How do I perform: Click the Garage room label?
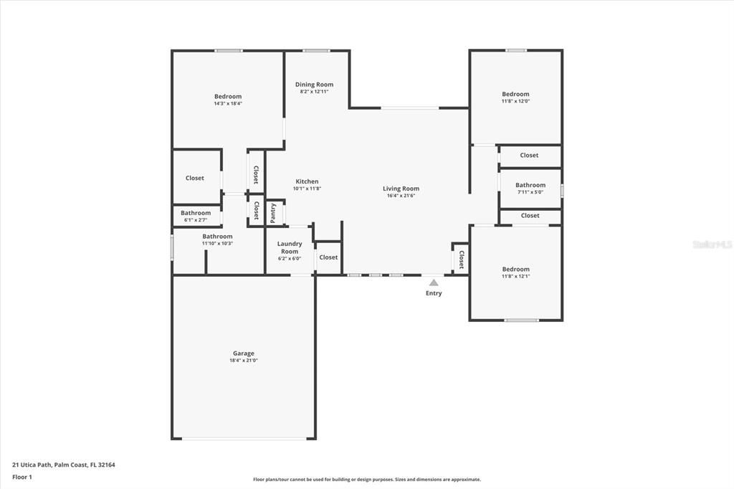coord(243,353)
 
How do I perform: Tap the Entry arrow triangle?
coord(434,283)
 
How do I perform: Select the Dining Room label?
coord(314,85)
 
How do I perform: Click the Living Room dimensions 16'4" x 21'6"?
coord(401,196)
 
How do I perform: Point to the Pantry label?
coord(273,213)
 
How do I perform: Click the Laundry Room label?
coord(289,247)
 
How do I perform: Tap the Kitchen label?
coord(307,181)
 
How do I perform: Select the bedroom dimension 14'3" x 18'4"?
coord(228,103)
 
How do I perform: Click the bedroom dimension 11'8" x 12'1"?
coord(515,276)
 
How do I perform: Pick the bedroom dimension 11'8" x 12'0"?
coord(515,101)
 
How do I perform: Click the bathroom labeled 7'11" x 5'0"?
coord(530,185)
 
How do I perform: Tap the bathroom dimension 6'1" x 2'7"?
coord(195,219)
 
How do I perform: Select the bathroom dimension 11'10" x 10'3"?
coord(217,243)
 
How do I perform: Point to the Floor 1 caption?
coord(22,476)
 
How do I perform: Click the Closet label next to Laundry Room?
coord(328,257)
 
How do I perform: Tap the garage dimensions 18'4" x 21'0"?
coord(243,361)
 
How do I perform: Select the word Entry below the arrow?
coord(434,293)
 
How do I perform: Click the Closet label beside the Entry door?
coord(461,259)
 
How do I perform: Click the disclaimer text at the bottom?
coord(366,480)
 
